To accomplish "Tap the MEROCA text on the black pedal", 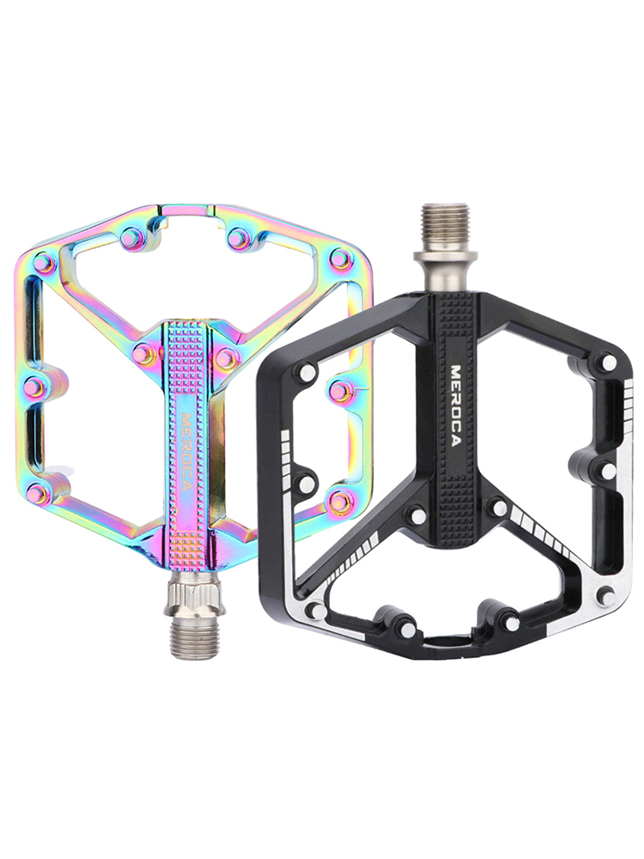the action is click(x=455, y=405).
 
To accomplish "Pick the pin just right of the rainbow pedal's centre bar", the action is click(x=224, y=357).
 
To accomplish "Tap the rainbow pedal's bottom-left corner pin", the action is click(x=38, y=494).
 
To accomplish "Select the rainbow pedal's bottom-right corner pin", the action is click(x=339, y=500).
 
